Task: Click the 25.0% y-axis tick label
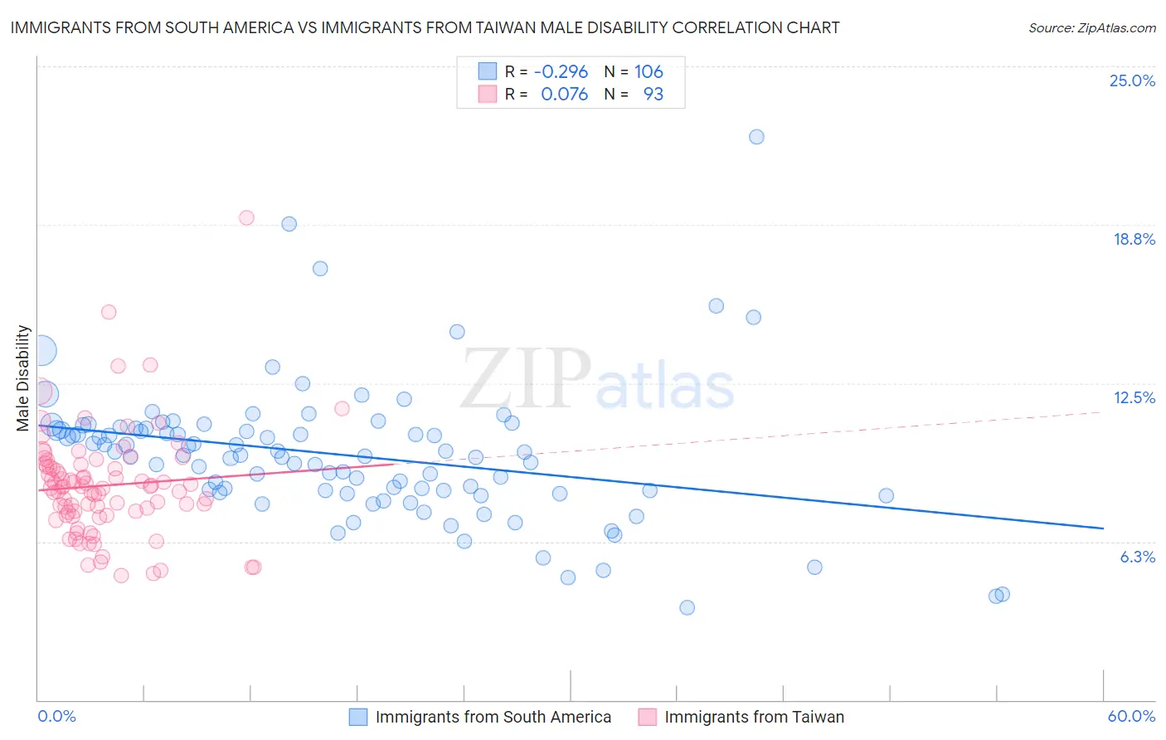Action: pos(1132,80)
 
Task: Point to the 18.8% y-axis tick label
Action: pos(1134,239)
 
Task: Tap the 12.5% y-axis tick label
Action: pos(1134,397)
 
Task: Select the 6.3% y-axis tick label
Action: pos(1137,557)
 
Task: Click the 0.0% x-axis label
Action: pos(56,716)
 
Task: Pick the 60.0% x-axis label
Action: pos(1131,716)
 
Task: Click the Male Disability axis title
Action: pos(23,378)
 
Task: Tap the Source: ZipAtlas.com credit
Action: pos(1091,27)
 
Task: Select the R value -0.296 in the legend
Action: pos(561,71)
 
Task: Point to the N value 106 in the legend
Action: pos(649,71)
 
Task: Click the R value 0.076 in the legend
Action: pos(564,94)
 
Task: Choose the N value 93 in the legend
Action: pos(653,94)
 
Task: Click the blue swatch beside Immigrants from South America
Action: pos(357,717)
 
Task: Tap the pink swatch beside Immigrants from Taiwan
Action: pos(647,717)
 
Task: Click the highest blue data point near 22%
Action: pos(756,137)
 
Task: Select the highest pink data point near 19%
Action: pos(246,217)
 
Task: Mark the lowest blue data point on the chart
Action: pos(687,607)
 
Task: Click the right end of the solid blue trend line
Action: pos(1103,528)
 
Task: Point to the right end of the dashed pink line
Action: pos(1103,411)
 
